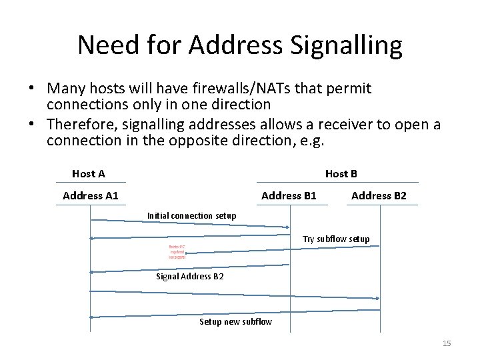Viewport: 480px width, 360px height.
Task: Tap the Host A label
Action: tap(89, 174)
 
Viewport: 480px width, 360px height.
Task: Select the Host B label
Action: tap(341, 174)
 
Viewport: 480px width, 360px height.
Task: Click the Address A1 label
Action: tap(91, 195)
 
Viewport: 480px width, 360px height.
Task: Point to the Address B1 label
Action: tap(289, 195)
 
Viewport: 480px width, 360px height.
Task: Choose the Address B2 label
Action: tap(379, 195)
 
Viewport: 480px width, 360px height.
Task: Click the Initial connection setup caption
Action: tap(191, 215)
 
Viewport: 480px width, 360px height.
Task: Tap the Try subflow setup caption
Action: tap(336, 239)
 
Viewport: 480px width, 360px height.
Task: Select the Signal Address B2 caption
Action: tap(190, 276)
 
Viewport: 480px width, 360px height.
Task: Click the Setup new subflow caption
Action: tap(235, 321)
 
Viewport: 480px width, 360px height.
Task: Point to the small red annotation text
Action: tap(177, 251)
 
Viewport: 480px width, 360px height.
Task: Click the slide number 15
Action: tap(447, 343)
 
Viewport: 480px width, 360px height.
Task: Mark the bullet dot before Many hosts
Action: tap(31, 89)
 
